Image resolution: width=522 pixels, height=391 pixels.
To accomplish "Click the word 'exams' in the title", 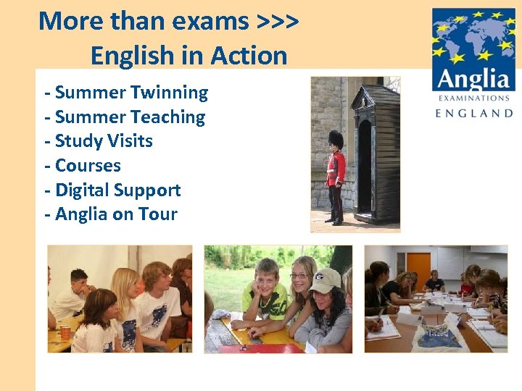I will [210, 21].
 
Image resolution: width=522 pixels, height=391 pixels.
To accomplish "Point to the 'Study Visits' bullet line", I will [99, 141].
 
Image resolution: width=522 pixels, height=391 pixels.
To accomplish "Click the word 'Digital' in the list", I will [87, 190].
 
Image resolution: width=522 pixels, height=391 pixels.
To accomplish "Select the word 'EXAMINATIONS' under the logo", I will [473, 98].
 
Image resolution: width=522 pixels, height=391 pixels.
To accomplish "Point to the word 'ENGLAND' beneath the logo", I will [473, 113].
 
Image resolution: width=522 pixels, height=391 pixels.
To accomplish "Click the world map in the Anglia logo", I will [473, 36].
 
